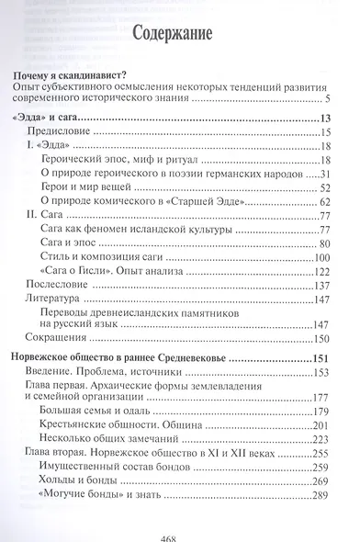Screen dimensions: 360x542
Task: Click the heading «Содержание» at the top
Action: (179, 35)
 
